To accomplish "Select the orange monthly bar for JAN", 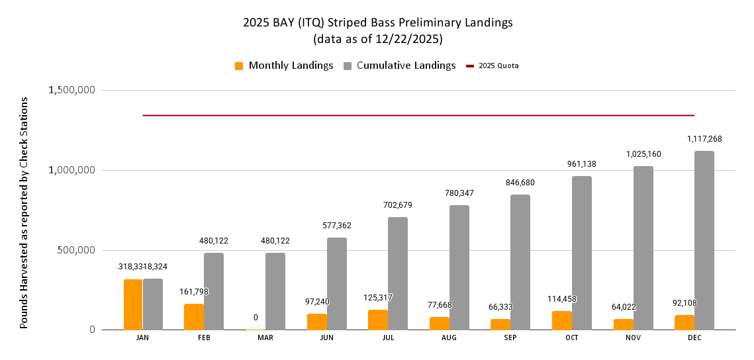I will (x=133, y=304).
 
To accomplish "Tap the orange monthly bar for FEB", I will (x=194, y=317).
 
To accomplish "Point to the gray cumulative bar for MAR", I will (x=275, y=291).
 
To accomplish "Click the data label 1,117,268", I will (x=704, y=139).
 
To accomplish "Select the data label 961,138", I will (x=582, y=163).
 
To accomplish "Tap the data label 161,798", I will (x=194, y=291).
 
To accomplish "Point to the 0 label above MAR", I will (x=256, y=318).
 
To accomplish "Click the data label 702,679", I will (x=398, y=205).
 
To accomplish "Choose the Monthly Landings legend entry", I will (x=284, y=66).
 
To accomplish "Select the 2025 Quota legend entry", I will (x=492, y=66).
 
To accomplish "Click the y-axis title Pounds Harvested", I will (x=24, y=212).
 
